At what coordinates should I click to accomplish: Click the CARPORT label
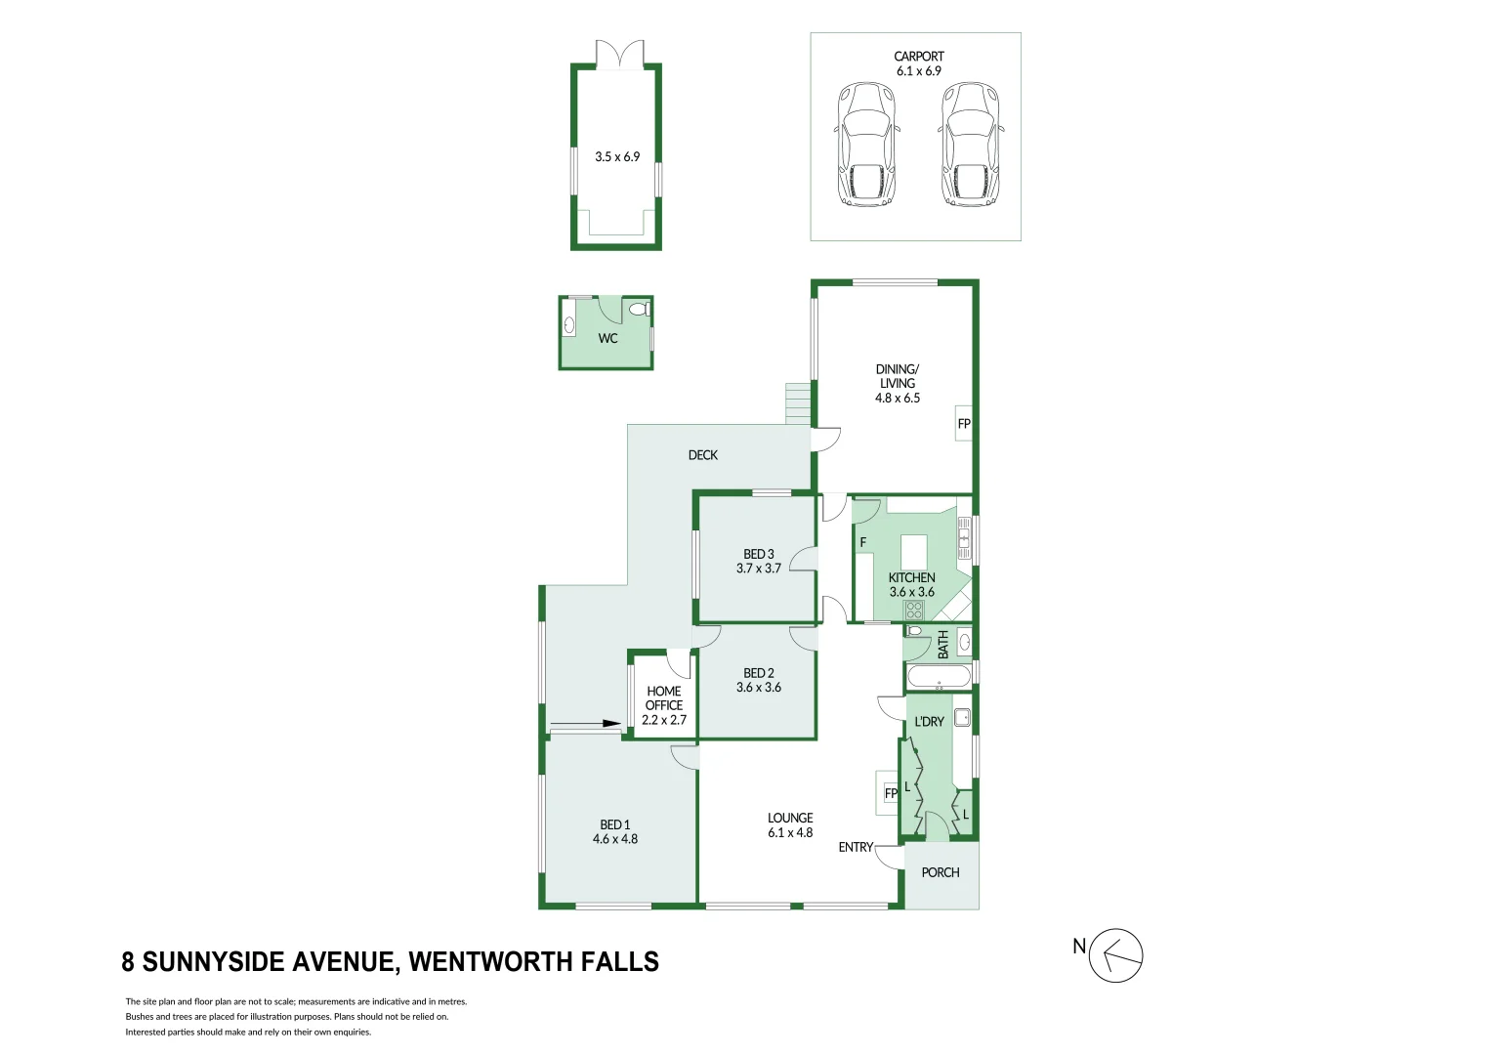[x=918, y=57]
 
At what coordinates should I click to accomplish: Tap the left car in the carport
[x=865, y=145]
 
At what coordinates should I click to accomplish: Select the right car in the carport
[x=970, y=145]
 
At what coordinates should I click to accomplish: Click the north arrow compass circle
[x=1116, y=955]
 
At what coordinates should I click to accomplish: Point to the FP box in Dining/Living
[x=964, y=424]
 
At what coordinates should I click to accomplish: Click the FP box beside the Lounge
[x=890, y=793]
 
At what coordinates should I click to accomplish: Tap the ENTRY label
[x=856, y=847]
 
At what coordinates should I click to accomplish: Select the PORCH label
[x=941, y=872]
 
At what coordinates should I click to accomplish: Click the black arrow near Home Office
[x=587, y=724]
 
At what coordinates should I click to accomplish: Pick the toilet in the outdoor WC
[x=639, y=310]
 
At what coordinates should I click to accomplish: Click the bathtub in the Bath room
[x=939, y=676]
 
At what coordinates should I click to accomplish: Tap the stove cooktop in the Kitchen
[x=914, y=611]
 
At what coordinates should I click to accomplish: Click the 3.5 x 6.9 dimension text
[x=617, y=156]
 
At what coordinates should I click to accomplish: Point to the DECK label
[x=702, y=455]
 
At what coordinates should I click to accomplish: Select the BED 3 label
[x=759, y=554]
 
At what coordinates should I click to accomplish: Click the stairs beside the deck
[x=799, y=403]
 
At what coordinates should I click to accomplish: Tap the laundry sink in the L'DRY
[x=960, y=717]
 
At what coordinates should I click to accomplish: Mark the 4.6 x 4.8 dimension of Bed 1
[x=615, y=839]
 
